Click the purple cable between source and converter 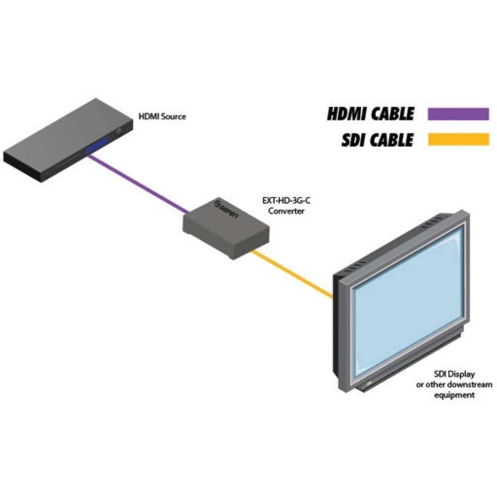[x=139, y=184]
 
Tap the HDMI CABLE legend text [x=370, y=114]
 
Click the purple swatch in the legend [x=458, y=114]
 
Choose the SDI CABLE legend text [x=377, y=140]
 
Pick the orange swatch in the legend [x=458, y=140]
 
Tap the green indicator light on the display [x=368, y=384]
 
